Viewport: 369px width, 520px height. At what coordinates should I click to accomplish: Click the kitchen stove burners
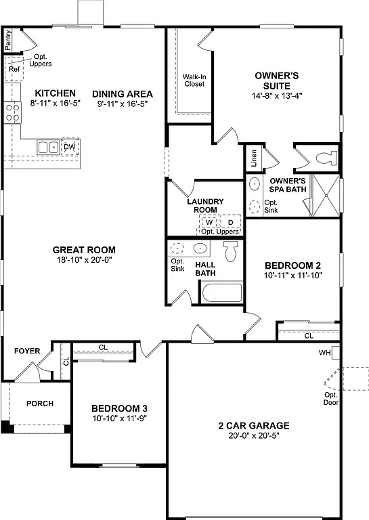click(12, 111)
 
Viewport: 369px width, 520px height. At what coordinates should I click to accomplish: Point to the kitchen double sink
click(47, 146)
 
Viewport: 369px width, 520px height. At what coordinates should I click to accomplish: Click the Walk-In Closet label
click(194, 80)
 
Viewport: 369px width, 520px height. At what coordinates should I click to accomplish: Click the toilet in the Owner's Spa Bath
click(326, 158)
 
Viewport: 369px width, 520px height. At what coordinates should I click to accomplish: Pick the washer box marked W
click(210, 222)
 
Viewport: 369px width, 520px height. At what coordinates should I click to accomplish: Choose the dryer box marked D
click(230, 222)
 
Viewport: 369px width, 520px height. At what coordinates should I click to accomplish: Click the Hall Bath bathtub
click(221, 293)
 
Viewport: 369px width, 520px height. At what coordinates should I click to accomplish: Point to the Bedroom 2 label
click(292, 265)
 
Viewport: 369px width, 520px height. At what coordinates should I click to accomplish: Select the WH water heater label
click(325, 353)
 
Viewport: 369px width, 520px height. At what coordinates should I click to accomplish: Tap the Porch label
click(40, 404)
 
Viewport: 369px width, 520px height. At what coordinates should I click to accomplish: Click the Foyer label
click(27, 351)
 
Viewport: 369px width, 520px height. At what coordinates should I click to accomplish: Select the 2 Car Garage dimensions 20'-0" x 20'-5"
click(253, 435)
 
